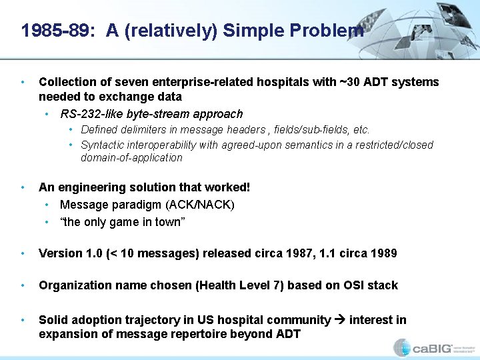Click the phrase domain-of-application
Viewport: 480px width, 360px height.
131,158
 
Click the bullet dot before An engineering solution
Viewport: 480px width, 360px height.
24,188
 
